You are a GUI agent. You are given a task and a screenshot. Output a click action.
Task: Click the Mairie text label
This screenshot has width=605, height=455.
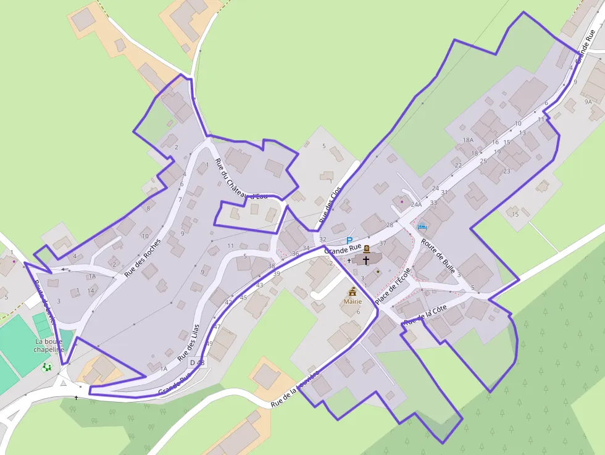pos(353,301)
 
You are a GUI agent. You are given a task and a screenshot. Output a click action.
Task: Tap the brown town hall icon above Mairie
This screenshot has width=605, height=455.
pos(353,291)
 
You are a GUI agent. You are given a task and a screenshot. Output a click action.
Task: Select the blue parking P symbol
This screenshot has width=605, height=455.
pos(349,240)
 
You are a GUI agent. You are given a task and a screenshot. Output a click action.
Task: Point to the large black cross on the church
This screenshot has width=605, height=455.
pos(366,261)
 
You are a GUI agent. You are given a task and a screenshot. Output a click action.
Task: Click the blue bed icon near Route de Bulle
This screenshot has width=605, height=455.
pos(422,227)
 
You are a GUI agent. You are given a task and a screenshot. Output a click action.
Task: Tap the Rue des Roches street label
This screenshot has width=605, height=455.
pos(143,257)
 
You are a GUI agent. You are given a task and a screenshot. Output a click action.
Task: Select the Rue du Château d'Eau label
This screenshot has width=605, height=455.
pos(241,180)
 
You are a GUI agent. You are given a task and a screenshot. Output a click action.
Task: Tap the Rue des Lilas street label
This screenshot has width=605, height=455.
pos(188,342)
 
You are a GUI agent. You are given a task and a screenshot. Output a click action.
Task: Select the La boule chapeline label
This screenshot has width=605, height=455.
pos(49,345)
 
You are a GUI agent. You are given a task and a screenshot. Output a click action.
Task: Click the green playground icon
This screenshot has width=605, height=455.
pos(48,367)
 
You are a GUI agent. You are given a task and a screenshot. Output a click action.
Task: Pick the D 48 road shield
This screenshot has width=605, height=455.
pos(197,362)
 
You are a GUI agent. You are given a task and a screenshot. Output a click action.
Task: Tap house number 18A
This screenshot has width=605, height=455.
pos(468,141)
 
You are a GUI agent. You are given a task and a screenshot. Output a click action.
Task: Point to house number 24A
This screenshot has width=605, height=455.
pos(416,204)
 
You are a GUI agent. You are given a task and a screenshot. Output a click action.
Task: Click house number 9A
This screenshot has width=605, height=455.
pos(588,101)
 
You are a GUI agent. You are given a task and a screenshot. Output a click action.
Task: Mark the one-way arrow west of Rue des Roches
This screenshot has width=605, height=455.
pos(65,270)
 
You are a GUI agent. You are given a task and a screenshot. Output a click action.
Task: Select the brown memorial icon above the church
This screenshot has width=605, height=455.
pos(367,249)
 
